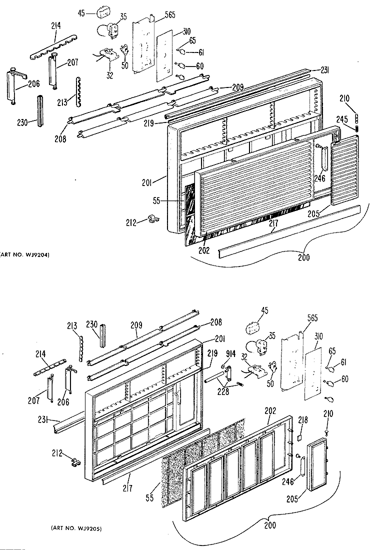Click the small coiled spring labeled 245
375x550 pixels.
358,128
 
